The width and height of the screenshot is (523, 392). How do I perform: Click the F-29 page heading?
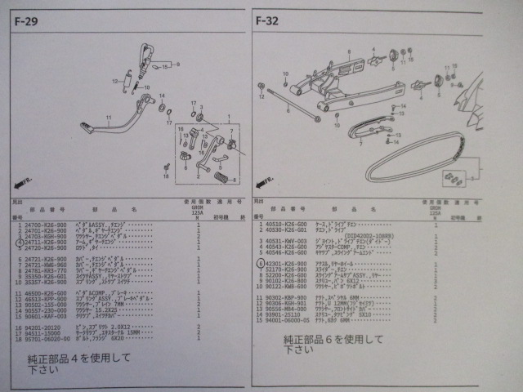(25, 22)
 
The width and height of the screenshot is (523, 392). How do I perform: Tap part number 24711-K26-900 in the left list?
(47, 243)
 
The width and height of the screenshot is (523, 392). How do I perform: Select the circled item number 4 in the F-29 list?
(20, 243)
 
